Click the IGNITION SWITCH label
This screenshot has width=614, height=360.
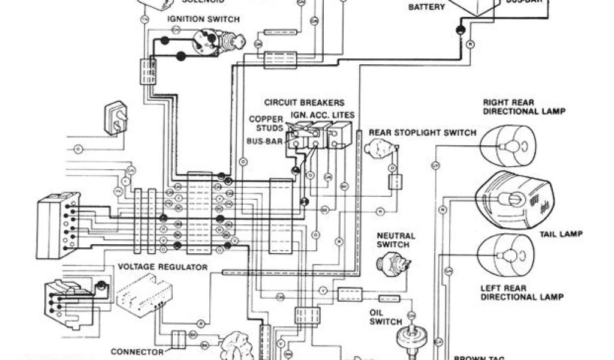pos(203,19)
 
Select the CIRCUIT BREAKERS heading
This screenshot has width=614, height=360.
pos(304,103)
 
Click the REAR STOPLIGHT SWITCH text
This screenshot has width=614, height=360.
pos(422,133)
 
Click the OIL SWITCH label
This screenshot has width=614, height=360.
pos(386,317)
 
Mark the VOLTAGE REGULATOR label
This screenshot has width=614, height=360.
pos(163,266)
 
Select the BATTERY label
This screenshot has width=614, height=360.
pos(426,7)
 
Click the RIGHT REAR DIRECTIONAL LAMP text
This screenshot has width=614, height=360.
pos(524,107)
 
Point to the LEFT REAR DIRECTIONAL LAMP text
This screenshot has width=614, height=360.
pos(524,292)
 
